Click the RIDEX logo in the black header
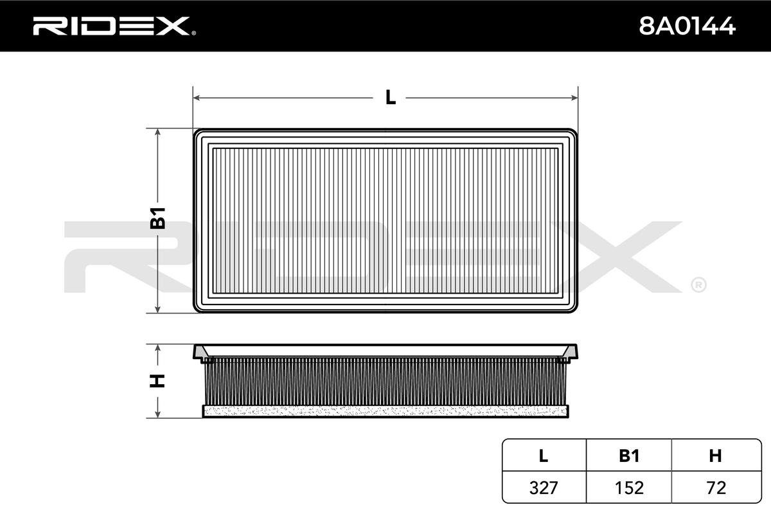click(114, 26)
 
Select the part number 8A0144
click(687, 26)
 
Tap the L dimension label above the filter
click(391, 98)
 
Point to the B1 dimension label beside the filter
click(158, 218)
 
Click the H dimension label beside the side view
click(157, 381)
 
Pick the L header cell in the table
click(543, 456)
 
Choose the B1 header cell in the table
click(629, 456)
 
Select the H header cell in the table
click(715, 456)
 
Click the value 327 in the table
click(544, 488)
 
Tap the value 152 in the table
click(629, 488)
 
